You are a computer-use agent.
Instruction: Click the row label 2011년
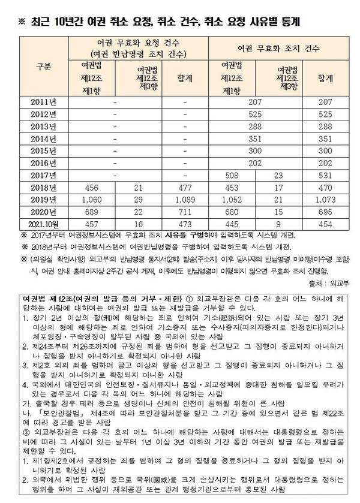coord(43,103)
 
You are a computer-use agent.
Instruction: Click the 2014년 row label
coord(43,139)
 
